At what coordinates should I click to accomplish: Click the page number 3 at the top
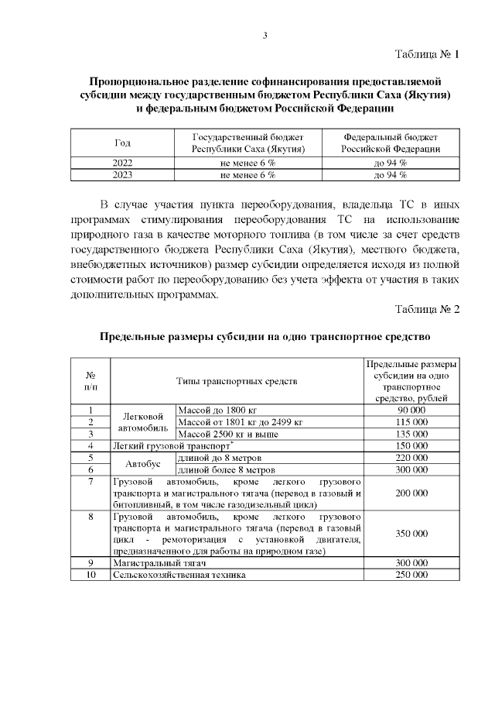265,35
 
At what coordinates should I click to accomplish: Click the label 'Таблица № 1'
427,54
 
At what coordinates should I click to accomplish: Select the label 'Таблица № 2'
427,309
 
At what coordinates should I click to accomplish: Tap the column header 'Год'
122,143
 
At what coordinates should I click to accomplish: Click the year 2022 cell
122,163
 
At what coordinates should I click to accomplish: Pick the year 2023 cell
122,176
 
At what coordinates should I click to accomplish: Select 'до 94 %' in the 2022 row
391,163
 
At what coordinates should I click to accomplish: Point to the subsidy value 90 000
411,410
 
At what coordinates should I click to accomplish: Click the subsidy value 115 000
411,422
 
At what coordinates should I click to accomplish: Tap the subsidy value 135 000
411,434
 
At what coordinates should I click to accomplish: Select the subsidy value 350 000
411,534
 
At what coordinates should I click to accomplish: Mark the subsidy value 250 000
411,576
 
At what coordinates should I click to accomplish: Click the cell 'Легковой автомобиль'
143,422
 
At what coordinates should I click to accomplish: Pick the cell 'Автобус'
143,464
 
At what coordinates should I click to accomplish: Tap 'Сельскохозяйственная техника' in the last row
179,576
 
